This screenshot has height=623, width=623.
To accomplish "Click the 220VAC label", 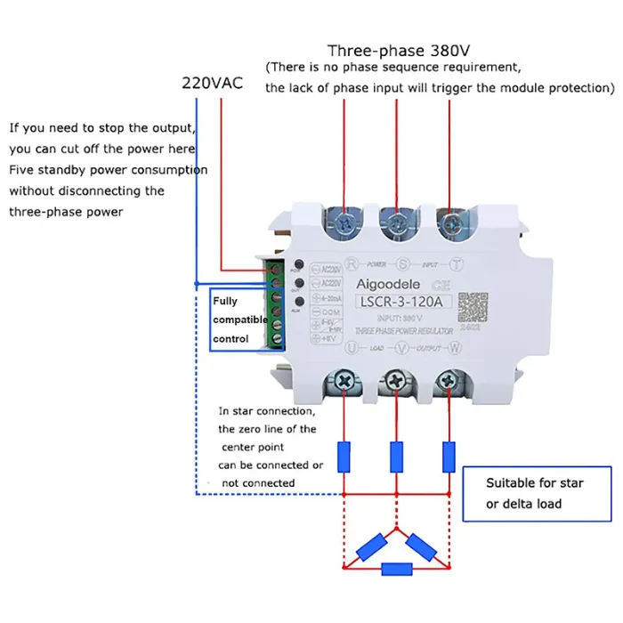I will click(x=212, y=83).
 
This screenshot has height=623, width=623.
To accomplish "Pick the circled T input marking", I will click(x=457, y=263).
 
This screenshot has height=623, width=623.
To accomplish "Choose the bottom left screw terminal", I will click(x=343, y=381).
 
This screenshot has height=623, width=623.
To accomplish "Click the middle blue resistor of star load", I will click(x=396, y=457).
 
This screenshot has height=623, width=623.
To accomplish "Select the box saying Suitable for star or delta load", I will click(x=536, y=493).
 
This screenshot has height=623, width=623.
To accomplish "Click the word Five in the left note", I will click(x=23, y=170).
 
